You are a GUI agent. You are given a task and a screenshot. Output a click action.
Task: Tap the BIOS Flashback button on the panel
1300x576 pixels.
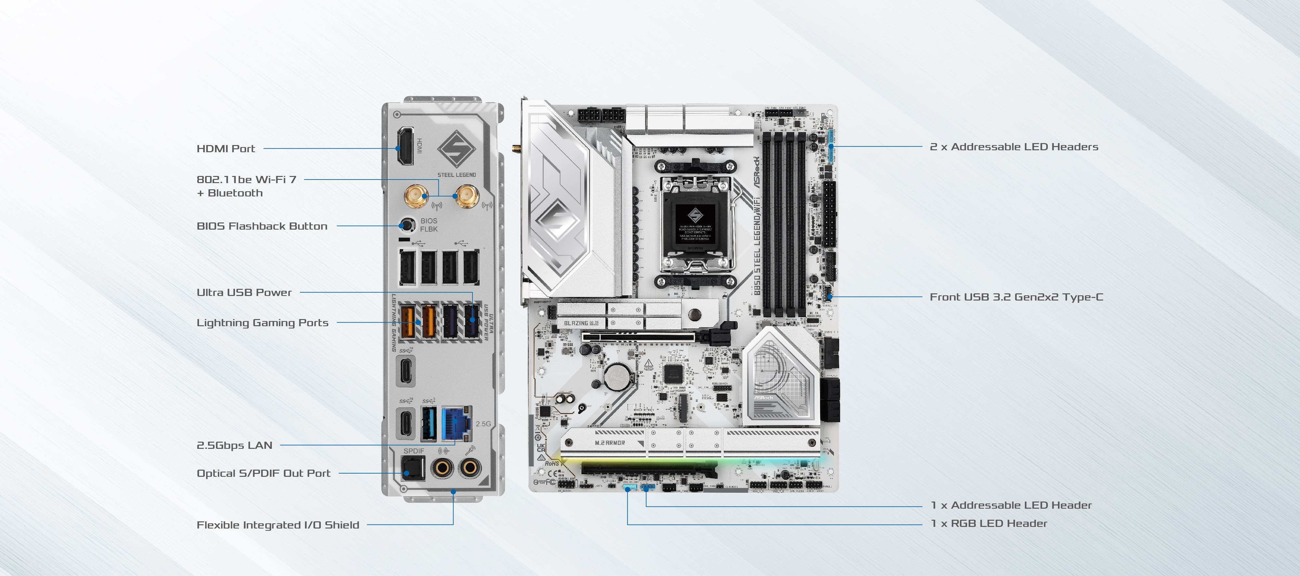[x=407, y=225]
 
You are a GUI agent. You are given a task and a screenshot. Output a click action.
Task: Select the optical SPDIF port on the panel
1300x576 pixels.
[x=413, y=468]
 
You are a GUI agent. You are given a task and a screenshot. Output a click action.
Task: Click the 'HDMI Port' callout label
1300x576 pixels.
[x=226, y=148]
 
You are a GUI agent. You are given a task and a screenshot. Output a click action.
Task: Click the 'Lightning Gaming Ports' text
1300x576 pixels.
[x=262, y=323]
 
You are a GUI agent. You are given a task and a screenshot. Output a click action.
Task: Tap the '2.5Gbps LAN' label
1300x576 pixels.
[x=234, y=445]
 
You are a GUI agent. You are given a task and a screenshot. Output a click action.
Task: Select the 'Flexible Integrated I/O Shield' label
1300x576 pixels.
[x=278, y=525]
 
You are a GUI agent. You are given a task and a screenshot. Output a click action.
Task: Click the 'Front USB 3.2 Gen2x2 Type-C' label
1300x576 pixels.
[x=1016, y=297]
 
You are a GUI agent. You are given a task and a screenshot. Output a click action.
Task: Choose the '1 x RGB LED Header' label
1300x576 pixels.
[x=989, y=524]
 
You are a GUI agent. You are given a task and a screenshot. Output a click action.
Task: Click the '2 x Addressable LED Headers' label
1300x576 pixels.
[x=1013, y=147]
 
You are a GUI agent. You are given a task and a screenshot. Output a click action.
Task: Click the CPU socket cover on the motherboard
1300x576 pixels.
[x=695, y=222]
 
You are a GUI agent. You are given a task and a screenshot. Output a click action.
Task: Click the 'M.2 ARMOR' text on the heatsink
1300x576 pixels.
[x=610, y=443]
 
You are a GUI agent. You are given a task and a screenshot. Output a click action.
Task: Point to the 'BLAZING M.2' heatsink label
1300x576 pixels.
[x=581, y=323]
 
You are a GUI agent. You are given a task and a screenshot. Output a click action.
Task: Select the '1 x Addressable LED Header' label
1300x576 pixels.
[x=1011, y=505]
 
